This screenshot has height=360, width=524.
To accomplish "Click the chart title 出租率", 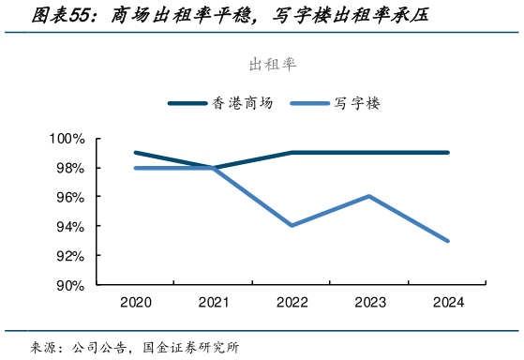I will (272, 64).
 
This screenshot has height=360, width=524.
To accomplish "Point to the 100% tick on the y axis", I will (67, 139).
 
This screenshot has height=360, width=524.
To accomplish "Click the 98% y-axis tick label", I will (70, 168).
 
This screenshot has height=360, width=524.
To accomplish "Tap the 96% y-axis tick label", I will (70, 197).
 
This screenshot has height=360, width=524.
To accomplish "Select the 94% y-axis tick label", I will (70, 227).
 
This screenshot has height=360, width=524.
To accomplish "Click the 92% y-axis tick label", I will (70, 256).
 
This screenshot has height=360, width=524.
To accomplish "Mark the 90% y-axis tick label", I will (70, 285).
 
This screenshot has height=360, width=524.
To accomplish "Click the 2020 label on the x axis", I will (136, 303).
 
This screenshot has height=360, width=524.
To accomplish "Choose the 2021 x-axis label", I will (215, 303).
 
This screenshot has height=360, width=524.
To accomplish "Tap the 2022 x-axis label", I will (292, 303).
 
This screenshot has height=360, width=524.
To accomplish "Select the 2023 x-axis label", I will (370, 303).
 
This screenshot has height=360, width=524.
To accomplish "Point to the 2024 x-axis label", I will (448, 303).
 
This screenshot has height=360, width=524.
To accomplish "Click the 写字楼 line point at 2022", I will (292, 226).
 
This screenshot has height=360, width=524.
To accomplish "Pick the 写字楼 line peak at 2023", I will (370, 196).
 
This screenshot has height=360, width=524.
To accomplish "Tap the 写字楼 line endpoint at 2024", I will (448, 241).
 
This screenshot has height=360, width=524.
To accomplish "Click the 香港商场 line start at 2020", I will (136, 153).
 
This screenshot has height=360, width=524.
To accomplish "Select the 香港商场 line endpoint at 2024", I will (448, 153).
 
